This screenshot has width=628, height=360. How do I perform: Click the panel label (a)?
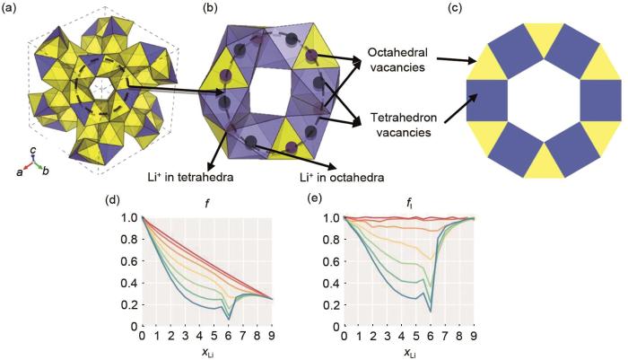(12, 9)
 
